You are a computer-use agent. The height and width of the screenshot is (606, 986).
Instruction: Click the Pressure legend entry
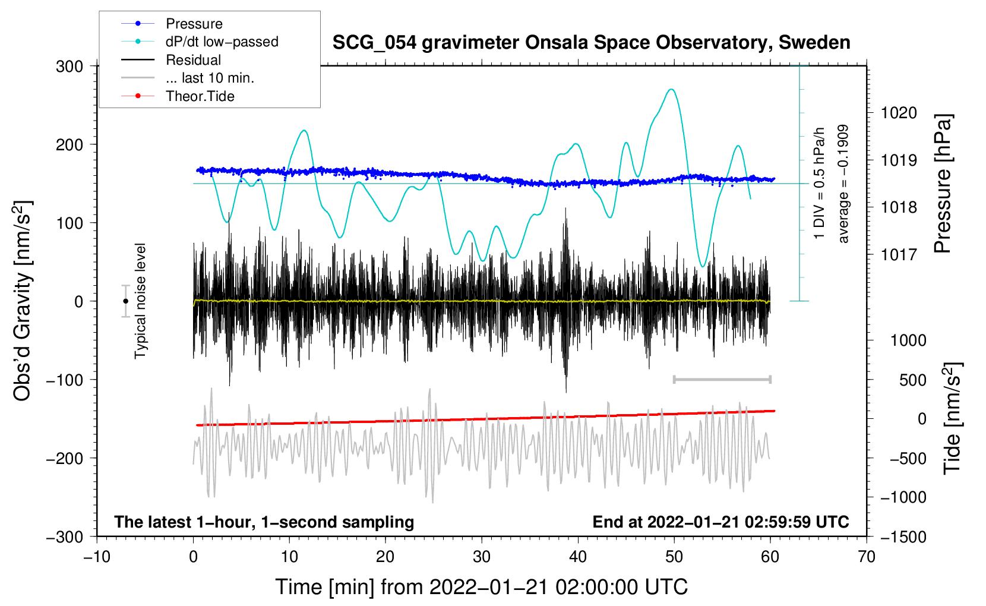coord(172,23)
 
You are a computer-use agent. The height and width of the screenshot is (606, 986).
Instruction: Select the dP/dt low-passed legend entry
coord(200,42)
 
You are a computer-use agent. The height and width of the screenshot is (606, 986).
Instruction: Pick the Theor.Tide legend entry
coord(178,96)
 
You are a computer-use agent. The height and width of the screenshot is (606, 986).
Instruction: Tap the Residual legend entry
coord(171,60)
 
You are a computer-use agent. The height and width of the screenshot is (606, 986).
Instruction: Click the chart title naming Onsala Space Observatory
coord(591,43)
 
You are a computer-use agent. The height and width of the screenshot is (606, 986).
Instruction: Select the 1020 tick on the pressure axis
coord(899,113)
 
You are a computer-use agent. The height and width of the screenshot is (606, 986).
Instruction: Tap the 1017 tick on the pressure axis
coord(899,254)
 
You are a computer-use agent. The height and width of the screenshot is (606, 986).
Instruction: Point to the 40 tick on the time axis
coord(578,557)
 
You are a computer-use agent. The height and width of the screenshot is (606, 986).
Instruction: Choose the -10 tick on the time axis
coord(97,557)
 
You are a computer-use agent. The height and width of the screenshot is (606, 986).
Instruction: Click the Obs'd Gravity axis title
coord(22,301)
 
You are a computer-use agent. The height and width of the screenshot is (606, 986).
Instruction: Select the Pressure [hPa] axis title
coord(943,184)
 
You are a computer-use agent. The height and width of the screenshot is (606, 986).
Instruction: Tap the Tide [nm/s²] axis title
coord(953,418)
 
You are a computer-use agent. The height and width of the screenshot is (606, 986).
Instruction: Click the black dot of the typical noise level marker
coord(125,301)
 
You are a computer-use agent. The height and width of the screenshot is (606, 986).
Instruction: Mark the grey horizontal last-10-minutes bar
coord(722,379)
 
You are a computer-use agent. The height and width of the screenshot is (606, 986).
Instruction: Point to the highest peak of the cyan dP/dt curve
coord(671,89)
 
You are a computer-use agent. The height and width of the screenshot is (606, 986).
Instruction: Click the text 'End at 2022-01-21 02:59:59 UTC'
coord(720,522)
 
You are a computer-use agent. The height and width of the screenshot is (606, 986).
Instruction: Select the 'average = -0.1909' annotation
coord(842,184)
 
